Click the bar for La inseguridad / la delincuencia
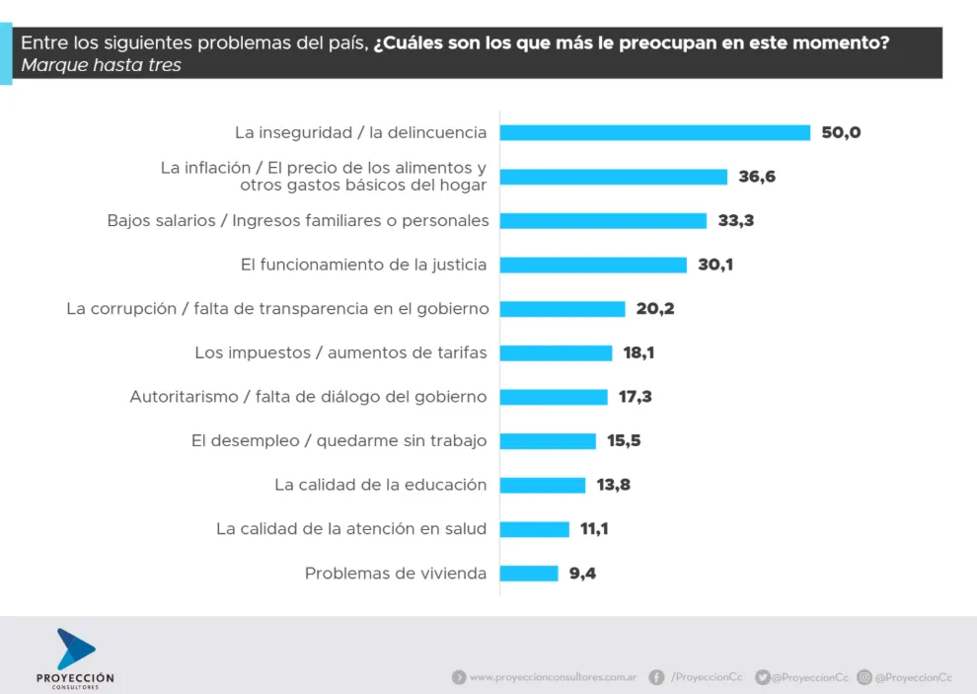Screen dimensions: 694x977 654,132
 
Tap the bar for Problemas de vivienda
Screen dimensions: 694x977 529,573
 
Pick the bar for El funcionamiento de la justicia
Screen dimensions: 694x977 593,265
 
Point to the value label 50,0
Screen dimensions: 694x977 841,132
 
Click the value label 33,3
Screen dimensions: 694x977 735,220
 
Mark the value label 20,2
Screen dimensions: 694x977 654,308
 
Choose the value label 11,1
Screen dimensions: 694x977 593,528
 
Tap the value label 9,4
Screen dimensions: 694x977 582,573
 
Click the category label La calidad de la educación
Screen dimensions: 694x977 380,485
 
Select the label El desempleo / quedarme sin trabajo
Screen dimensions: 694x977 338,440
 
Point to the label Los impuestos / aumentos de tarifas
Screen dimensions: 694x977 340,352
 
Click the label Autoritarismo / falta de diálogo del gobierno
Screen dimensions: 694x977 308,397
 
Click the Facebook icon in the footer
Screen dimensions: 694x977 656,677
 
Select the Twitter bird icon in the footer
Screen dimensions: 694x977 762,677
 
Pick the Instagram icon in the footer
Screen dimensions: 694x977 864,677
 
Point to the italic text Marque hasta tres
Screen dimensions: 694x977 101,66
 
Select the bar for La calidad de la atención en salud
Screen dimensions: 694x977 534,528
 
